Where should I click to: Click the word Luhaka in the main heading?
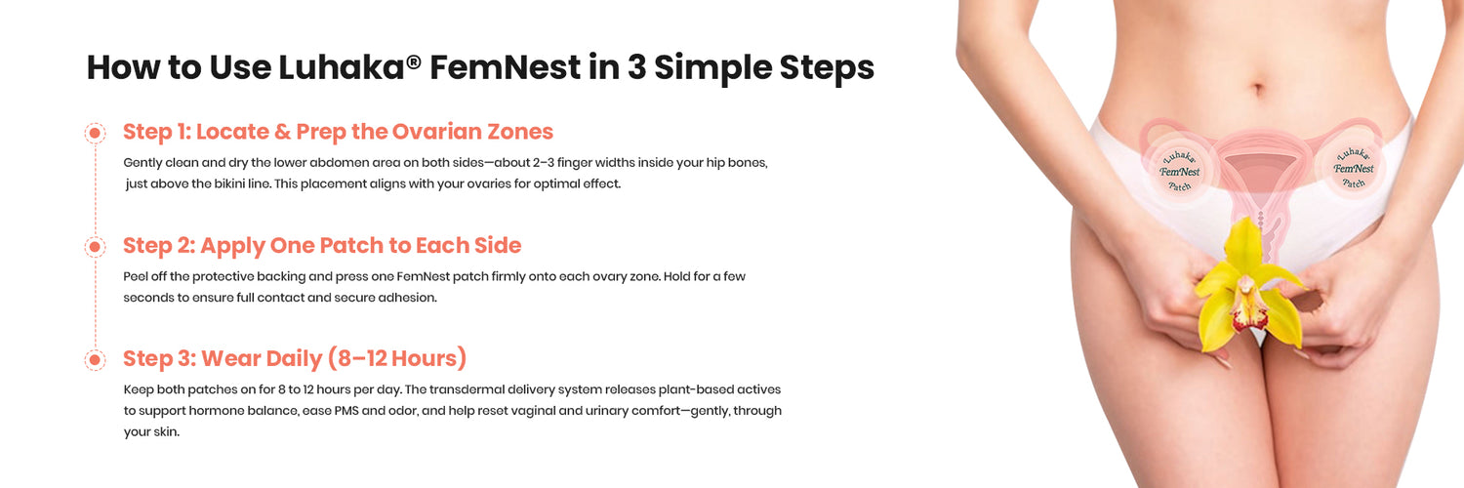point(342,67)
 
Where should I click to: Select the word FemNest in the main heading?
point(505,67)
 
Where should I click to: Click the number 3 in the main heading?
point(636,67)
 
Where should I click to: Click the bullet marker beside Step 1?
point(95,134)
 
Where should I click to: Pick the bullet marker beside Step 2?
point(95,246)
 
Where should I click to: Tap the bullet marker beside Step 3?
point(95,359)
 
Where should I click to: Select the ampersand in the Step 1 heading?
point(282,132)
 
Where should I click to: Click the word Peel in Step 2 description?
point(136,276)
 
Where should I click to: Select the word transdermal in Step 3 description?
point(466,389)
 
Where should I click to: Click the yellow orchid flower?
point(1247,288)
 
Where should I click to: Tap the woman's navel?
point(1259,88)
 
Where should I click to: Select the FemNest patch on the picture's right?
point(1354,168)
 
